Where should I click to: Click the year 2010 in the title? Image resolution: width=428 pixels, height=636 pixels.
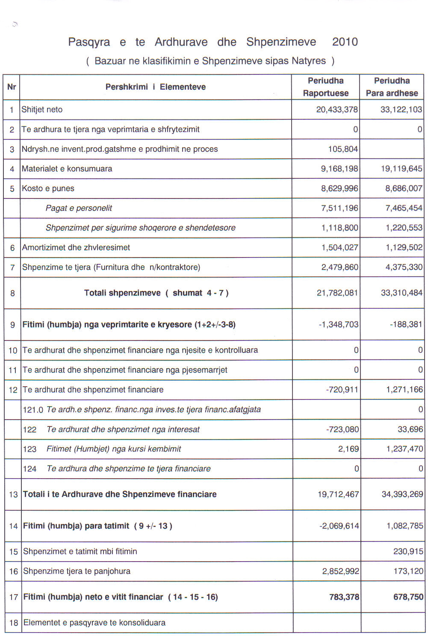coord(345,42)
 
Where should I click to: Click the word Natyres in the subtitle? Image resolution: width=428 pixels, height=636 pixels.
coord(309,61)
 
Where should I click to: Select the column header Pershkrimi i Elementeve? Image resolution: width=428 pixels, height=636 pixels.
coord(156,87)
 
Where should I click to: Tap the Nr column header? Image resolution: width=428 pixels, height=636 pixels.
coord(12,87)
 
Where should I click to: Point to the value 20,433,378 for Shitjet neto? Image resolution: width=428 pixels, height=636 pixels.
coord(337,109)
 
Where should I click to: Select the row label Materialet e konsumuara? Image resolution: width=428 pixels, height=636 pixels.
coord(67,169)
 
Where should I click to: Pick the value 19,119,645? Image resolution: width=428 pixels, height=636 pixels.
coord(401,169)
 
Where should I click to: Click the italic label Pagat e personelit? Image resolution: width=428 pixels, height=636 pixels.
coord(79,208)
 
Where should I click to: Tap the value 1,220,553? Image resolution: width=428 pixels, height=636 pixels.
coord(404,228)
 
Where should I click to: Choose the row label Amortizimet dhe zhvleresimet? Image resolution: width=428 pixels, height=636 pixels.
coord(76,247)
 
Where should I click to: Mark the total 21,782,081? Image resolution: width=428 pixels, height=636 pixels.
coord(337,293)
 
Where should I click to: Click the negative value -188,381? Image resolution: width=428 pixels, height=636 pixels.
coord(406,324)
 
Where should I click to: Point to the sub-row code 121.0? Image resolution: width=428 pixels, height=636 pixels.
coord(33,410)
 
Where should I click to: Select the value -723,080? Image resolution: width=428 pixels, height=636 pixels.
coord(342,429)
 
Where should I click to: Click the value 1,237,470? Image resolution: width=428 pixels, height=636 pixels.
coord(404,449)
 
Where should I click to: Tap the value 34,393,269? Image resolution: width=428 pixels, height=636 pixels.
coord(402,494)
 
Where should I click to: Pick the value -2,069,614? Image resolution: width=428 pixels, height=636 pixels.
coord(339,526)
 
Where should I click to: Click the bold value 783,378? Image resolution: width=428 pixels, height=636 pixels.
coord(344,597)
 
